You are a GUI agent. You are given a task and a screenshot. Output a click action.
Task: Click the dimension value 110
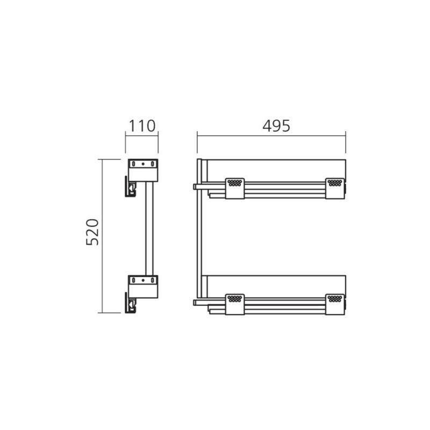(142, 126)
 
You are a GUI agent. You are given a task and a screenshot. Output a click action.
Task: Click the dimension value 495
(276, 126)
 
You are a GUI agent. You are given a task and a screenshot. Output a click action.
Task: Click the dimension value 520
(92, 232)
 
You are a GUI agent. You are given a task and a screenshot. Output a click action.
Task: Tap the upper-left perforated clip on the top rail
(235, 189)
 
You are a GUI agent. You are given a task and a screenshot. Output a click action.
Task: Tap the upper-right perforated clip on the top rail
(335, 189)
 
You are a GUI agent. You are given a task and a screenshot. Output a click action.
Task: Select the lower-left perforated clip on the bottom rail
(235, 304)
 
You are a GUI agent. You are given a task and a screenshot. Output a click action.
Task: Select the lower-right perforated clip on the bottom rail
(335, 304)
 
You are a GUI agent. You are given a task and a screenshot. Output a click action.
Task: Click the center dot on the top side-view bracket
(143, 164)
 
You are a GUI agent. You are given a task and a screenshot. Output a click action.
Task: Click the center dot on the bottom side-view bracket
(143, 280)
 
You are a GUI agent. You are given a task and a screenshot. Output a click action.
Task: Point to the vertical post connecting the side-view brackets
(149, 228)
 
